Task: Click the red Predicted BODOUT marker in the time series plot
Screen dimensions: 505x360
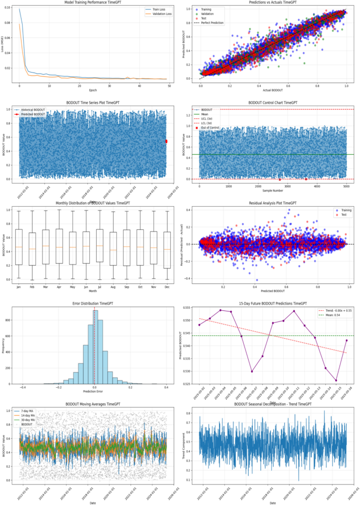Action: (x=167, y=141)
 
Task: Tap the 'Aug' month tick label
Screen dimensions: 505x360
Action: (x=113, y=287)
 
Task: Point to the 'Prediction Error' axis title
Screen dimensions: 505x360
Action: (x=94, y=391)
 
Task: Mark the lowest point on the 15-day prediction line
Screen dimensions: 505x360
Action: (x=336, y=380)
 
